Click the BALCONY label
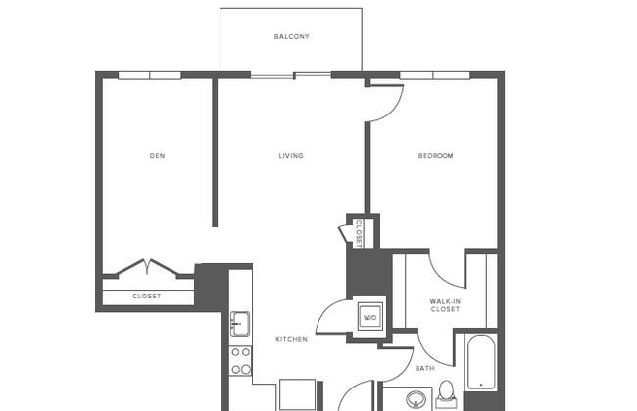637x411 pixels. [x=292, y=36]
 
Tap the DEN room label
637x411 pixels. [x=157, y=155]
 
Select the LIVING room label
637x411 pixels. [x=291, y=155]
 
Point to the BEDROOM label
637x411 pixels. [x=435, y=155]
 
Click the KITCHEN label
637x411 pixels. [x=291, y=339]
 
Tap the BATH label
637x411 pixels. [x=425, y=368]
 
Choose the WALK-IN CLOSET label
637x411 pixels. [x=445, y=305]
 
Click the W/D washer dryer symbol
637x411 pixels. [x=370, y=317]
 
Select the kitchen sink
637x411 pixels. [x=240, y=323]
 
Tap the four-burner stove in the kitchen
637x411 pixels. [x=240, y=361]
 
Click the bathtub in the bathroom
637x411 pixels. [x=481, y=362]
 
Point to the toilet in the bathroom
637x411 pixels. [x=446, y=394]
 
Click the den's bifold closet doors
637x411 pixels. [x=148, y=266]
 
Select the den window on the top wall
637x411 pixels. [x=150, y=75]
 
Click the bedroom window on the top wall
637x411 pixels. [x=435, y=75]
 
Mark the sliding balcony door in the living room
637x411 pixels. [x=291, y=75]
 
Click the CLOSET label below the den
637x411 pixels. [x=147, y=297]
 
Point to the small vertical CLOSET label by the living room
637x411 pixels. [x=359, y=234]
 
